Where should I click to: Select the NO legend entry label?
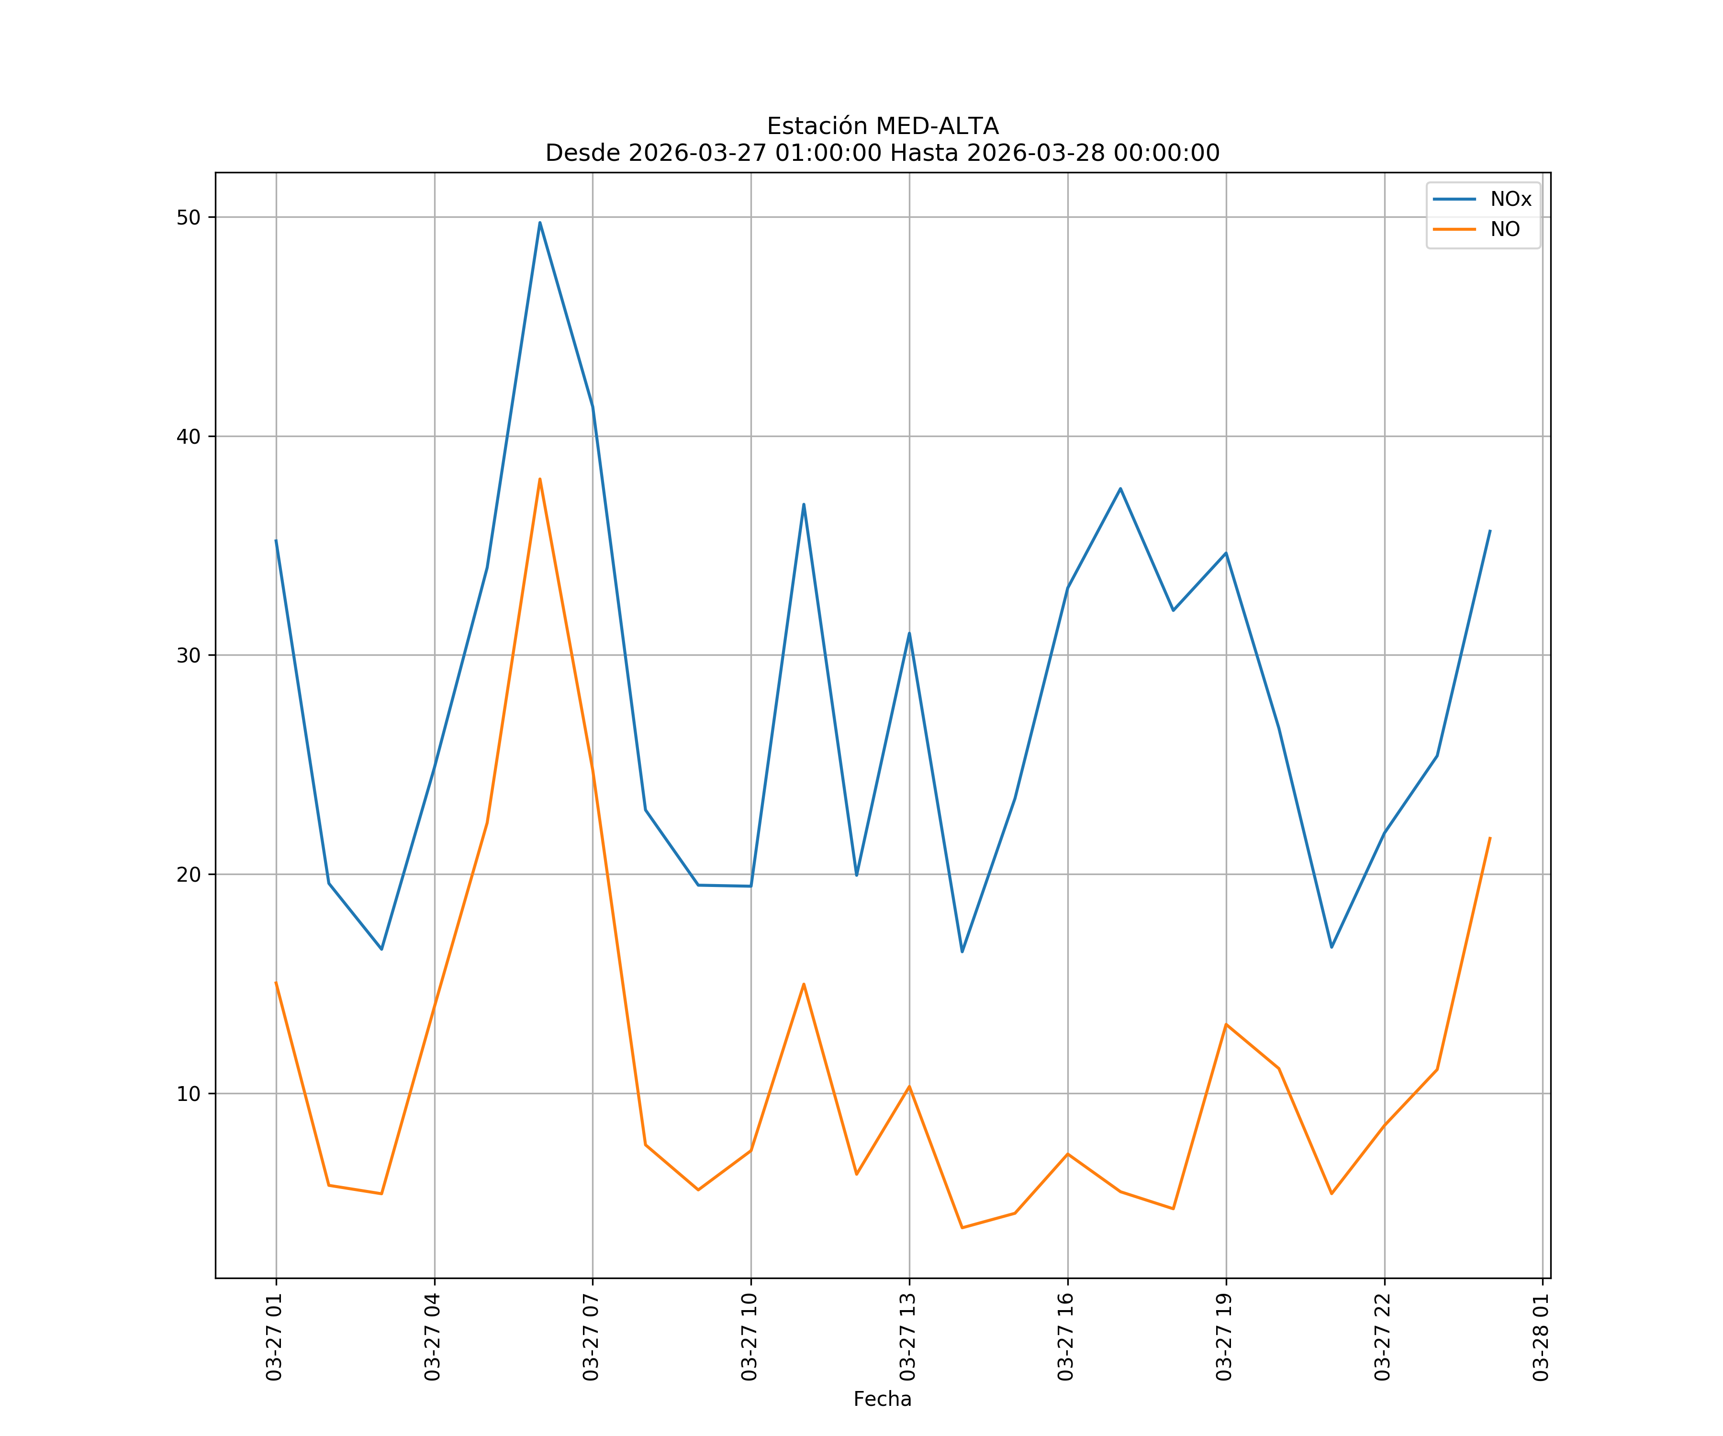point(1505,230)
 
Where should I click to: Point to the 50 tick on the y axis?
point(189,217)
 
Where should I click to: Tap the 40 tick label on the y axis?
point(189,437)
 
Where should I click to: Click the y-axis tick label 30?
point(189,656)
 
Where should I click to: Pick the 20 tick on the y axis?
point(189,875)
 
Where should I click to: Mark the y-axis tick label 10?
point(189,1094)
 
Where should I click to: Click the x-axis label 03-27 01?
point(274,1337)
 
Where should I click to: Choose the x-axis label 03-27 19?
point(1224,1337)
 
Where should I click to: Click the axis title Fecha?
point(882,1399)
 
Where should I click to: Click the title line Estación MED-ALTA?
point(882,126)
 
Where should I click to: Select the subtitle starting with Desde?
point(882,154)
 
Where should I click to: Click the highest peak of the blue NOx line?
point(540,223)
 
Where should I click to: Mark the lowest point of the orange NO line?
point(962,1228)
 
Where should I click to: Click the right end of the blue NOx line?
point(1490,531)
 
